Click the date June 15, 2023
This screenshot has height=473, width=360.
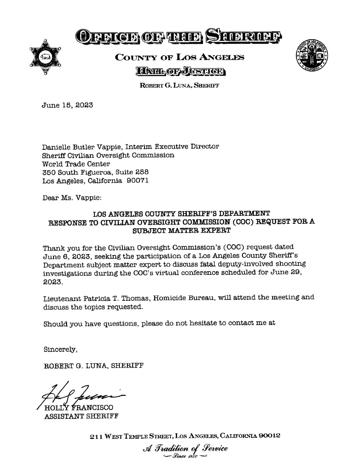[x=67, y=105]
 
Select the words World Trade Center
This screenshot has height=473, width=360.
[x=76, y=164]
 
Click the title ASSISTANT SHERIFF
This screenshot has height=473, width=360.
[x=81, y=416]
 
